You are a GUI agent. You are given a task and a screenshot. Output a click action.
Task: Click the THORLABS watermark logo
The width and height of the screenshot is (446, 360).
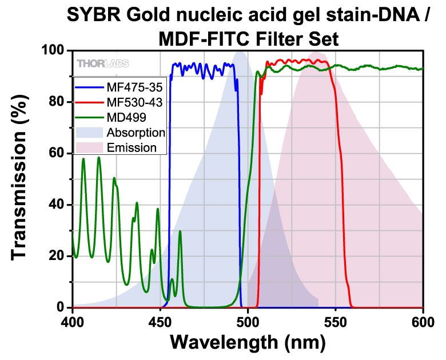103,63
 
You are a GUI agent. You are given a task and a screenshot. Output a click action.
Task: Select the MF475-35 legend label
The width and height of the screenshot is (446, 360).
134,87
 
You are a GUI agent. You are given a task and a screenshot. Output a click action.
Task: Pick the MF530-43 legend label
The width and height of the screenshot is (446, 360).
134,102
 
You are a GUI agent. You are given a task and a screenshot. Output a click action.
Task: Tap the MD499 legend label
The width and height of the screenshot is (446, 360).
126,118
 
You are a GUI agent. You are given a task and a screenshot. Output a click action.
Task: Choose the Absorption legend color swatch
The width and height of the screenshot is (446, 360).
89,133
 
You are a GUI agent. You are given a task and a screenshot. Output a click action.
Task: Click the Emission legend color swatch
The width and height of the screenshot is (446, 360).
89,148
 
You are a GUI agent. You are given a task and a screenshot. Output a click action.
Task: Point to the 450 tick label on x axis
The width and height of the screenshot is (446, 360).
161,322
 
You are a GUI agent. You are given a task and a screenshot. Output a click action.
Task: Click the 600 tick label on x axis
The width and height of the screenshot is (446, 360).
423,322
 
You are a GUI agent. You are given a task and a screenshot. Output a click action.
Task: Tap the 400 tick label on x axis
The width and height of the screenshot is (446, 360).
73,322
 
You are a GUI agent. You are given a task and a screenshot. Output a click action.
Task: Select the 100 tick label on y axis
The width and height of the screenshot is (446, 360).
53,51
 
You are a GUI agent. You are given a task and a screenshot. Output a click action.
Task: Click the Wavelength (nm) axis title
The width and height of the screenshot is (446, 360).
248,342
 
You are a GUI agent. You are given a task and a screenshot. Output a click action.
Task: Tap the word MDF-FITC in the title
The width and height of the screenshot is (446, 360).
206,39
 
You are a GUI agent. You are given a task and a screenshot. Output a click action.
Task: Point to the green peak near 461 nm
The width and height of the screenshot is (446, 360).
180,231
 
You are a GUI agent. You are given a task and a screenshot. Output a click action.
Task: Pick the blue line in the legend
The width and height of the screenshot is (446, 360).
89,87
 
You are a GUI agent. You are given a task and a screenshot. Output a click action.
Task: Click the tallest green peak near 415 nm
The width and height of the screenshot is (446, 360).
99,158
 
